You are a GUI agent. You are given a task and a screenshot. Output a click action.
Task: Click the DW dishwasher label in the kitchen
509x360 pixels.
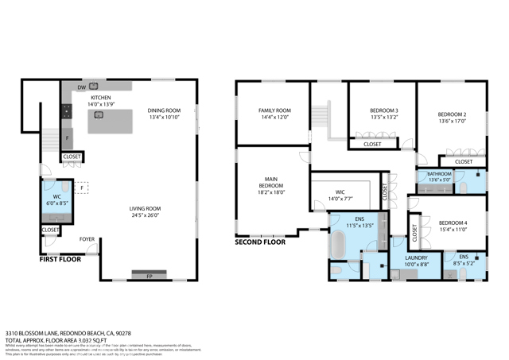point(81,87)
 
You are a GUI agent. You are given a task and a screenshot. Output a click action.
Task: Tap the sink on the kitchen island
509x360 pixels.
point(99,114)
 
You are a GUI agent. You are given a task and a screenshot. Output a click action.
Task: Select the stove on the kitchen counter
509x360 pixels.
point(67,110)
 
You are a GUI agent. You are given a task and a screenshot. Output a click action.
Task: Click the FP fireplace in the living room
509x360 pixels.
point(149,276)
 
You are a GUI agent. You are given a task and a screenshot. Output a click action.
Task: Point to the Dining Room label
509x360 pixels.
point(165,110)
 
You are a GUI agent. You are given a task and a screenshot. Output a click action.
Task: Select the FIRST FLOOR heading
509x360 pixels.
point(60,258)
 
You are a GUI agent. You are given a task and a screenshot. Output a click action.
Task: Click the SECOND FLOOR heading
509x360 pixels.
point(260,242)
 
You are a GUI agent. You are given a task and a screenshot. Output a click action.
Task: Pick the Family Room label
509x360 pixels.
point(275,110)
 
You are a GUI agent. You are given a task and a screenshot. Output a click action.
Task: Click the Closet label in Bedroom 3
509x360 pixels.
point(371,144)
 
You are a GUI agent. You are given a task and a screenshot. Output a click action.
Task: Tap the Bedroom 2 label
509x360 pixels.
point(453,114)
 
